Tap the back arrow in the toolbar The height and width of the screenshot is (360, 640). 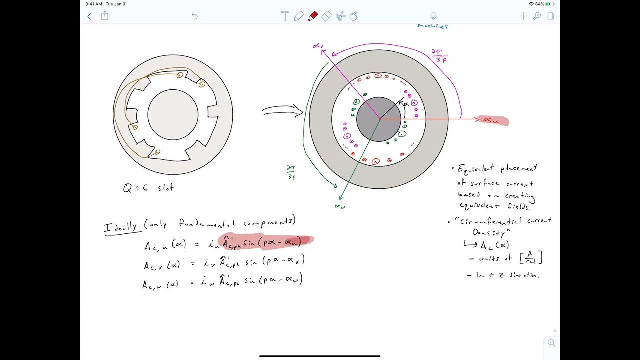(x=89, y=16)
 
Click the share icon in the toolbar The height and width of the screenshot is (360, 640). (x=105, y=16)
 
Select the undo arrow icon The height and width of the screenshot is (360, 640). (x=195, y=16)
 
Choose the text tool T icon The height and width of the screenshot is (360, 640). (x=284, y=16)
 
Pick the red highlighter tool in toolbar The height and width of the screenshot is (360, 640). (x=313, y=16)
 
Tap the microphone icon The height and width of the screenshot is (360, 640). (x=433, y=16)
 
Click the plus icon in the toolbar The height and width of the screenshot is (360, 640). (x=523, y=16)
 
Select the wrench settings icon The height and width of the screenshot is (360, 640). (x=537, y=16)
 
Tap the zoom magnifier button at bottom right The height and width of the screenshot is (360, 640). (x=551, y=343)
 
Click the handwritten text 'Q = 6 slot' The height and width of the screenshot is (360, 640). (x=148, y=188)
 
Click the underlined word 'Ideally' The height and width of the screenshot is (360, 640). (x=120, y=227)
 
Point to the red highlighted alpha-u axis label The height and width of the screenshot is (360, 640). (x=493, y=120)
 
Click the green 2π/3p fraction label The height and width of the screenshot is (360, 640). (x=291, y=172)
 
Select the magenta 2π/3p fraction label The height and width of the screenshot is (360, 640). (x=440, y=55)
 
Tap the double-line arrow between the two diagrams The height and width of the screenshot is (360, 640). (x=282, y=111)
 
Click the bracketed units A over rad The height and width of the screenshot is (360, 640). (x=531, y=257)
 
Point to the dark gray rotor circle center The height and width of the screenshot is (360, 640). (x=379, y=119)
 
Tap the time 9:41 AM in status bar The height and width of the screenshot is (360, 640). (x=94, y=4)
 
